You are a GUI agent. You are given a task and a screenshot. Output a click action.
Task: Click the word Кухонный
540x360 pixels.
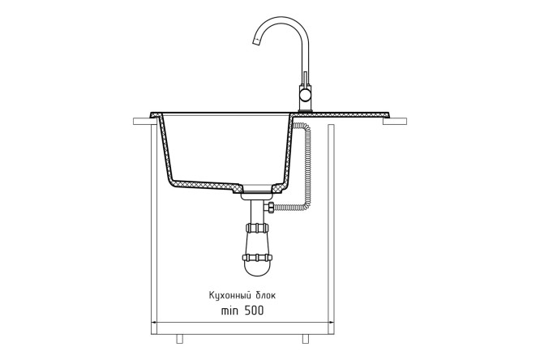point(229,296)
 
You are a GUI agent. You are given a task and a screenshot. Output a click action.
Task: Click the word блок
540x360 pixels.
point(265,295)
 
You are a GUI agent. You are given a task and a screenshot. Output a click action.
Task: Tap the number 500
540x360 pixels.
point(254,311)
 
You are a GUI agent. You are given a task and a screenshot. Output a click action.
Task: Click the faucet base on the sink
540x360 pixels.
point(305,110)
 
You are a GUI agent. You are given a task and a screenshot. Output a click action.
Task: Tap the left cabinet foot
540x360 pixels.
point(179,339)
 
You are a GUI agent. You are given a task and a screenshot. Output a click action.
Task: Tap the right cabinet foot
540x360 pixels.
point(306,339)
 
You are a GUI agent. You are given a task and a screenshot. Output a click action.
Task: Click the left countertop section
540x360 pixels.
point(142,121)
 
